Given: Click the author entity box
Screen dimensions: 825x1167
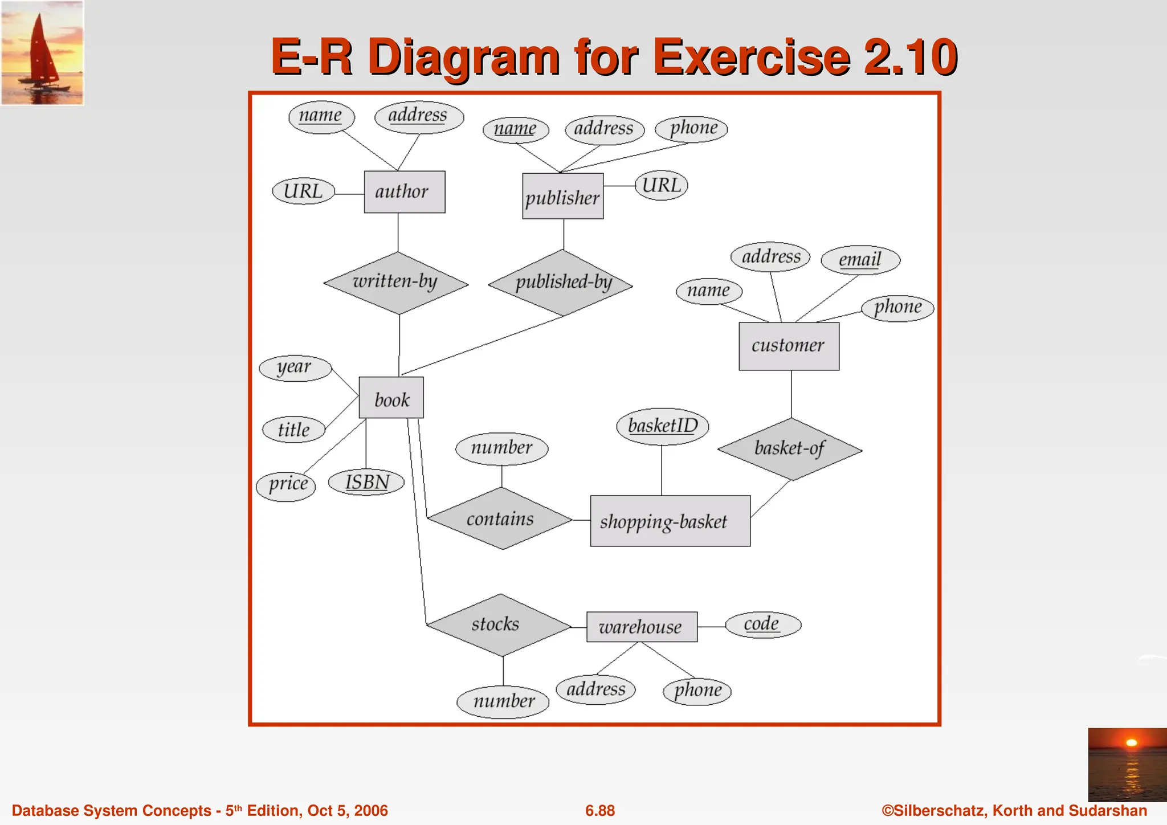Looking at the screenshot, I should point(405,192).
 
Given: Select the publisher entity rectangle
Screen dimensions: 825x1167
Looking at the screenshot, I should point(562,197).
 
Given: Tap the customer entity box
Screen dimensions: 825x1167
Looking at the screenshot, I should point(789,346).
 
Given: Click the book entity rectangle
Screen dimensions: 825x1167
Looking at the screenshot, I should point(391,398).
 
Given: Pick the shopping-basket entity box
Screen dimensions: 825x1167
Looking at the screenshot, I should point(670,521).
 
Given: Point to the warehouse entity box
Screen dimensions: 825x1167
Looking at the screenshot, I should point(642,627).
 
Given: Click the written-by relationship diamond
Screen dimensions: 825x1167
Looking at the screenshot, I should point(396,283).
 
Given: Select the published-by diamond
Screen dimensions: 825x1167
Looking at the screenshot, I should point(561,283).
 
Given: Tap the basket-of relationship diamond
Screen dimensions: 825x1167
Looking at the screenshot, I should point(790,449).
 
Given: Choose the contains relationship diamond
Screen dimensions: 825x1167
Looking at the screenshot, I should point(500,518).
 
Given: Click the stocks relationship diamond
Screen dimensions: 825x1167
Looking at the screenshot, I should point(498,625).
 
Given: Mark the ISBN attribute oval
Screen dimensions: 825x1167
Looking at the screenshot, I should point(366,483).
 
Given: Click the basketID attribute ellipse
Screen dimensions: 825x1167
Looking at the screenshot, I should point(662,426).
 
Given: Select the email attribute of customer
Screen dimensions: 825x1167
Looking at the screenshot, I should point(860,260).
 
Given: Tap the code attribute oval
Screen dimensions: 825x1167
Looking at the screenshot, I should point(763,624).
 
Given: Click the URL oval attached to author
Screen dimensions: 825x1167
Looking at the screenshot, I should point(303,191).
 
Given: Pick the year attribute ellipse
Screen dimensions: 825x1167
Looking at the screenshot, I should point(295,367).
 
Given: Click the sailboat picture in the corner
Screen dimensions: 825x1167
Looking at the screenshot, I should point(42,53).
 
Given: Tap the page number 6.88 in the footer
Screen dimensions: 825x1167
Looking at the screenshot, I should point(600,811).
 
